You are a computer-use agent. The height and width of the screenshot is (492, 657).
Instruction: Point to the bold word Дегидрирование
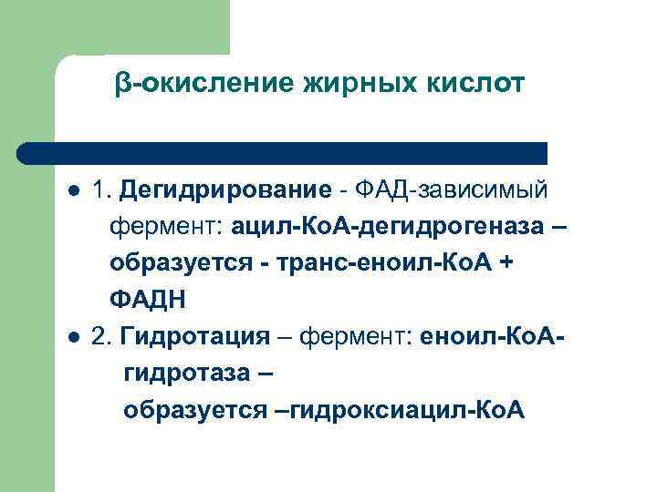(x=224, y=191)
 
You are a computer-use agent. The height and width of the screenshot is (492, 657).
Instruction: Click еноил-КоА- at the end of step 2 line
(x=493, y=337)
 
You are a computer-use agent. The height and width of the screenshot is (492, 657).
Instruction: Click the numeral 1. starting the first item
(x=101, y=191)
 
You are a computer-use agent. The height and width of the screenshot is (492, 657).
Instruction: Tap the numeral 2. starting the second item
(x=101, y=337)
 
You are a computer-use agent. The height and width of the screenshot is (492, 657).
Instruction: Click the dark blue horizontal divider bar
(x=283, y=153)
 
